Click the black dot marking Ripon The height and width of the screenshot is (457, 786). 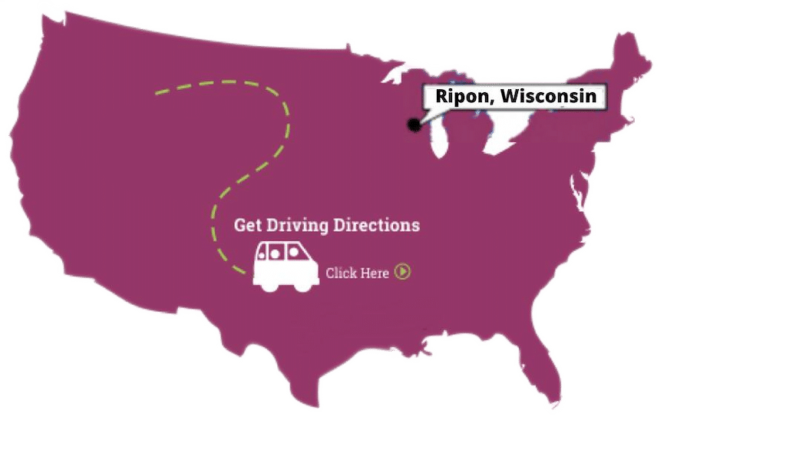pyautogui.click(x=414, y=124)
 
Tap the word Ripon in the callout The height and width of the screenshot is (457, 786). pyautogui.click(x=459, y=97)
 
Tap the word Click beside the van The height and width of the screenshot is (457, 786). pyautogui.click(x=341, y=273)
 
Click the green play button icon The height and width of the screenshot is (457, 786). pyautogui.click(x=402, y=271)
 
